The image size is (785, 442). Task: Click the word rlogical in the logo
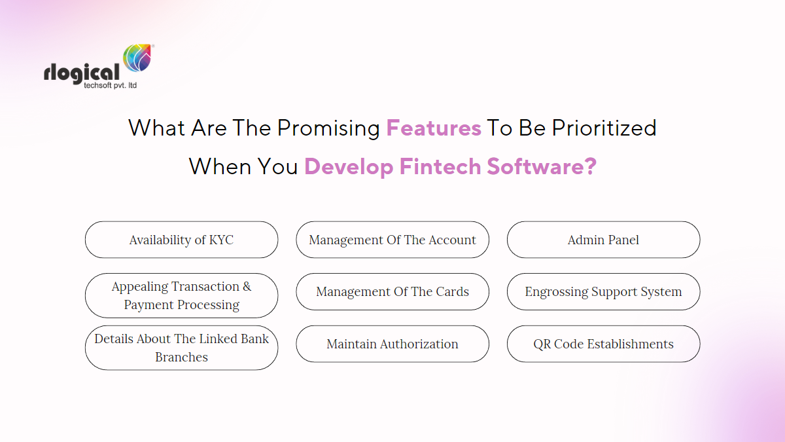pos(82,73)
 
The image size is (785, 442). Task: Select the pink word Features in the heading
pos(434,128)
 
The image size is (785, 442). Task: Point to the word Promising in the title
pos(328,128)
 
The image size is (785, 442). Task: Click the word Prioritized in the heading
pos(604,128)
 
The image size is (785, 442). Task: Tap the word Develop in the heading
pos(349,167)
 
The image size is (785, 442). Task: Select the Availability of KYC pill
pos(181,240)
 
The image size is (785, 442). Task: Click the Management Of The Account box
pos(392,240)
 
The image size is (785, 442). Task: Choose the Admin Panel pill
pos(603,240)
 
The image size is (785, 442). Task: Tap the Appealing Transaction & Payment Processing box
pos(181,295)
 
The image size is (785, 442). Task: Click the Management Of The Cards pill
pos(392,291)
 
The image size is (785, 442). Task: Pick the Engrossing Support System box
pos(603,291)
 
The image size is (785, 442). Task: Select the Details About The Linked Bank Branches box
pos(181,348)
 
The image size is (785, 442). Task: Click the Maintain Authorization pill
pos(392,344)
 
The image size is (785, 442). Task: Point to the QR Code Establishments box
pos(603,344)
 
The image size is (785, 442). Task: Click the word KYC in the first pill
pos(221,240)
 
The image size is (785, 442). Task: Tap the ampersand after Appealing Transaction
pos(247,287)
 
